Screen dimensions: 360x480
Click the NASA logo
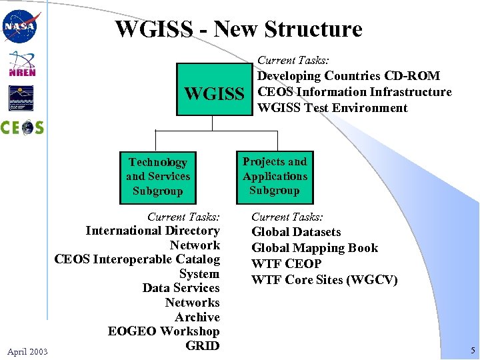coord(21,27)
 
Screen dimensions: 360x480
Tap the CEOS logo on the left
coord(21,127)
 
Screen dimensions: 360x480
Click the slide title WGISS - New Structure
coord(239,29)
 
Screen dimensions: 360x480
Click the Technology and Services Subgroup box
coord(158,177)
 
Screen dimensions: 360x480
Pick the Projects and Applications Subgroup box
coord(275,176)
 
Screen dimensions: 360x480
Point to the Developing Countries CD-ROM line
coord(349,76)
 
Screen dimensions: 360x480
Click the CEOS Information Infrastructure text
coord(354,92)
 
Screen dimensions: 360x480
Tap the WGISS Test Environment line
coord(332,108)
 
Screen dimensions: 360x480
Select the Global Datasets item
coord(296,232)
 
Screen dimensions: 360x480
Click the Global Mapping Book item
coord(314,248)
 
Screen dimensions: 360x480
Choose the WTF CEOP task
coord(286,264)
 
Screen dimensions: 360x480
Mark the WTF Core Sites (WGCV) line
coord(324,280)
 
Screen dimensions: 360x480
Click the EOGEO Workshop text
coord(163,331)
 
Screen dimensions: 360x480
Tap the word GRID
coord(203,345)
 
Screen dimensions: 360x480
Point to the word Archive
coord(197,317)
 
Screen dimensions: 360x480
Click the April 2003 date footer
coord(27,351)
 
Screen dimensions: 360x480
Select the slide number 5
coord(471,350)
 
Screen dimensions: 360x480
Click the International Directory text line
coord(153,231)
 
